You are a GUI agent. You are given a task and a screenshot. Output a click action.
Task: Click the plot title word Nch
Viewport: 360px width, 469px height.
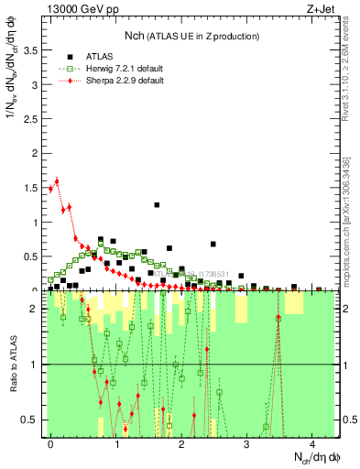[x=136, y=36]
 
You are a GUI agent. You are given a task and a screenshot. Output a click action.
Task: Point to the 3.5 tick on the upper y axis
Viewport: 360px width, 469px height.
[x=31, y=50]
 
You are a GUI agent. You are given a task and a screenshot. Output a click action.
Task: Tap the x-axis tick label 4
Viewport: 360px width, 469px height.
[x=312, y=442]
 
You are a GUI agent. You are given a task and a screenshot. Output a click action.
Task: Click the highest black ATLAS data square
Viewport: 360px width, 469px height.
[x=157, y=205]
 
